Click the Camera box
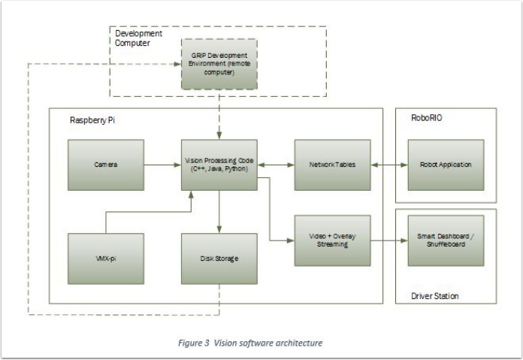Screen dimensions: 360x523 105,165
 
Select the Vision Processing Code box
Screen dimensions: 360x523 219,165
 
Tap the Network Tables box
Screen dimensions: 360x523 332,165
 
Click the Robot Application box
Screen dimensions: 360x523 446,165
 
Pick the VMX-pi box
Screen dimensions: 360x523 105,259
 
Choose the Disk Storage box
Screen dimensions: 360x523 219,259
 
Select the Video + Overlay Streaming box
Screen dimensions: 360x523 332,240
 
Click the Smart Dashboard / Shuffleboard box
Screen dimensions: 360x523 446,240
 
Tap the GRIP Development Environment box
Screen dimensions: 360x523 219,65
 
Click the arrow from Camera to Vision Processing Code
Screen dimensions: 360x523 162,165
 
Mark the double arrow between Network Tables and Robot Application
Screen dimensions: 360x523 388,165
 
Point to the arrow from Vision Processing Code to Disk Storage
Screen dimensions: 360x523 219,211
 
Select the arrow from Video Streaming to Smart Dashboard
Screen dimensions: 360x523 388,241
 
